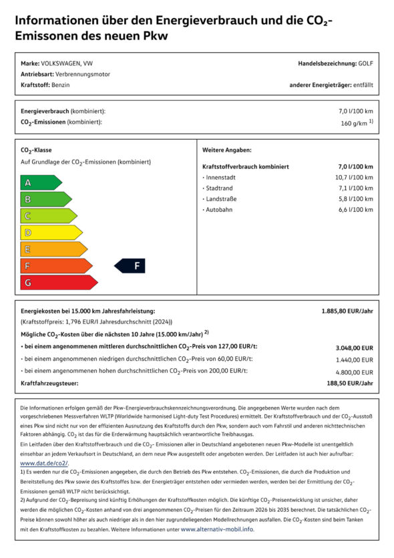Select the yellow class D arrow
[51, 233]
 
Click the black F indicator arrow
[130, 266]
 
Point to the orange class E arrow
[53, 249]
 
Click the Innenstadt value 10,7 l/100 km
[354, 178]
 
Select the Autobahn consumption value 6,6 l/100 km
[355, 210]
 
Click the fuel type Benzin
[60, 85]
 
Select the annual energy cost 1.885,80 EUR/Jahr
[347, 311]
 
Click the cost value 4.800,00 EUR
[354, 372]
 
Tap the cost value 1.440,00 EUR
[354, 360]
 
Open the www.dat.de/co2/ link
[44, 462]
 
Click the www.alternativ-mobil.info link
[217, 529]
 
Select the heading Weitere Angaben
[226, 150]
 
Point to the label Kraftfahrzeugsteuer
[49, 383]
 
